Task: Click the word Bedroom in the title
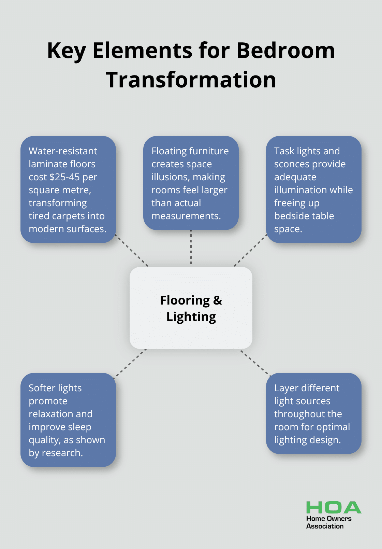[x=285, y=51]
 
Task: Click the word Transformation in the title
[x=191, y=80]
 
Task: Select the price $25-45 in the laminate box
[x=64, y=177]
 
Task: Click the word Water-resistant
[x=63, y=151]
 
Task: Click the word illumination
[x=313, y=190]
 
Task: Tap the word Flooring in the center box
[x=185, y=300]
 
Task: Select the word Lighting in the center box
[x=191, y=317]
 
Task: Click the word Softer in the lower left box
[x=42, y=388]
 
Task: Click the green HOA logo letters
[x=334, y=508]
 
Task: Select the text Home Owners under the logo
[x=329, y=519]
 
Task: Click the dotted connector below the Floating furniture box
[x=191, y=248]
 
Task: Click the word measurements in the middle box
[x=186, y=216]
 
